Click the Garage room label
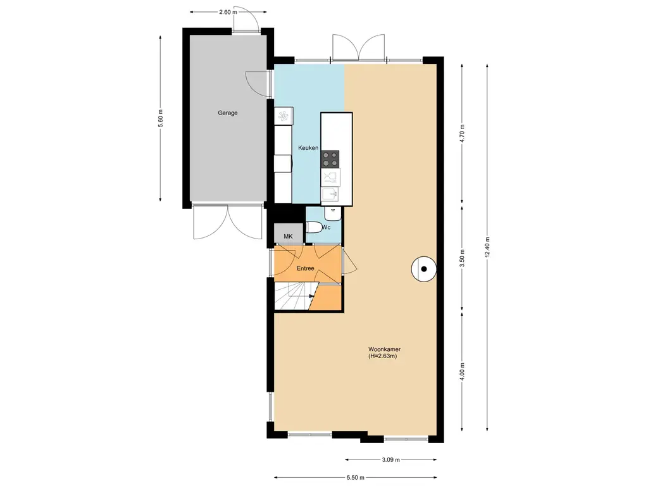pos(228,113)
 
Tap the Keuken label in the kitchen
pos(308,148)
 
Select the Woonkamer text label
pos(385,349)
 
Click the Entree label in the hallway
pos(306,268)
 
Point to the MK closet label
pos(289,237)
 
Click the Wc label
pos(327,227)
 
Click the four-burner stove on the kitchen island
pos(330,159)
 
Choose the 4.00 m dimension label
pos(462,370)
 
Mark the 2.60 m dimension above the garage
pos(228,12)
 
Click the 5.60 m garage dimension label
pos(161,120)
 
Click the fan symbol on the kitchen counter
pos(283,116)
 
